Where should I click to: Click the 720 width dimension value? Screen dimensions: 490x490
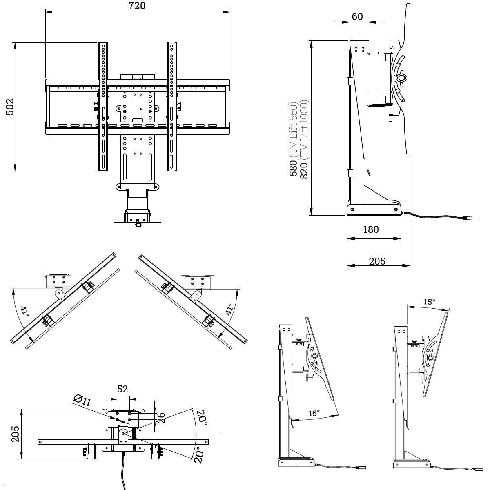[137, 6]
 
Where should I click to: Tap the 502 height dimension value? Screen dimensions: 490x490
[10, 107]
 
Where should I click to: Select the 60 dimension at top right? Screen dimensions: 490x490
[357, 16]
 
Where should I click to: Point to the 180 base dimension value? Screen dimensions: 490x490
[371, 229]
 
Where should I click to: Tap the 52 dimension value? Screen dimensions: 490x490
[122, 389]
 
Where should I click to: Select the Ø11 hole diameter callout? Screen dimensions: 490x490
[82, 400]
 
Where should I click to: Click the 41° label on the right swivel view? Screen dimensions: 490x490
[229, 309]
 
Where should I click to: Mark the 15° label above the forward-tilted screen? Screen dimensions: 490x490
[429, 302]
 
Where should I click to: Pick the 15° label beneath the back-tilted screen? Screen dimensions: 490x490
[313, 413]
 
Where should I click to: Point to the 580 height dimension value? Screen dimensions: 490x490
[293, 168]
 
